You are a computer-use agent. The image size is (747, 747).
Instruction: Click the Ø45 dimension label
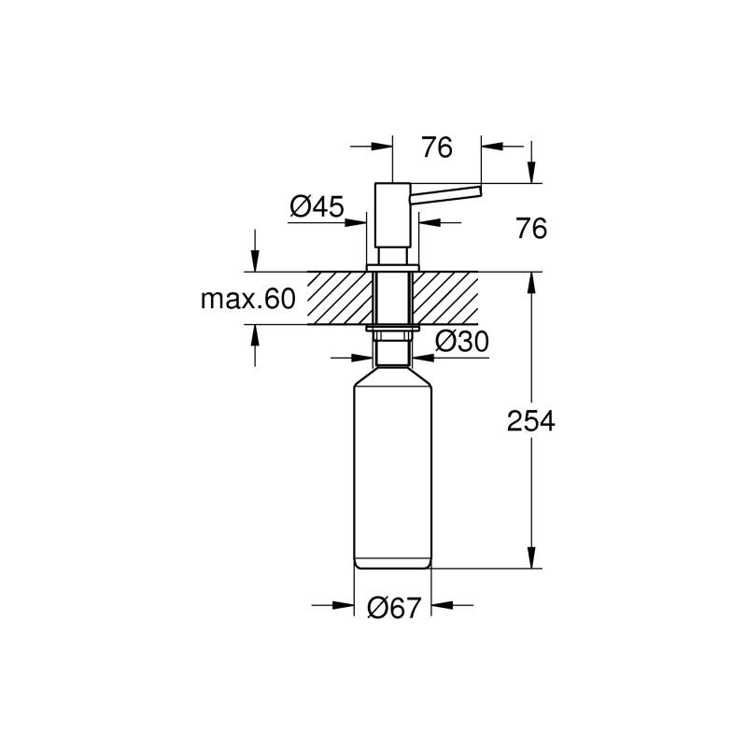click(x=317, y=206)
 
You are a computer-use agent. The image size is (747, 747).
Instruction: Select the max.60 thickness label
click(x=247, y=299)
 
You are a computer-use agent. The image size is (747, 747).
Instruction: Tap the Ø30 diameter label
click(x=462, y=343)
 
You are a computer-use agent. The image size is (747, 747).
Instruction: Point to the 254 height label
click(x=531, y=421)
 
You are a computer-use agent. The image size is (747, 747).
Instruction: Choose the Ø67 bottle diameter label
click(x=392, y=608)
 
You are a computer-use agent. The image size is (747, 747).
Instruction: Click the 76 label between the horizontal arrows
click(x=436, y=148)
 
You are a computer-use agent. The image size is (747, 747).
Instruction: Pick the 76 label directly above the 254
click(x=531, y=229)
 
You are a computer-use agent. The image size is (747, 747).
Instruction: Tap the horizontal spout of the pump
click(x=446, y=190)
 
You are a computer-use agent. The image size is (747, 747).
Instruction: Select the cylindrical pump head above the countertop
click(x=391, y=215)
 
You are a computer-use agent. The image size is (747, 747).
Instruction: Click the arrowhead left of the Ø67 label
click(x=344, y=607)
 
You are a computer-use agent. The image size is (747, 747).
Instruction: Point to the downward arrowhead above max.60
click(x=253, y=261)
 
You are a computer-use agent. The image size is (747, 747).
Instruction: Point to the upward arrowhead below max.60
click(x=253, y=335)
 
